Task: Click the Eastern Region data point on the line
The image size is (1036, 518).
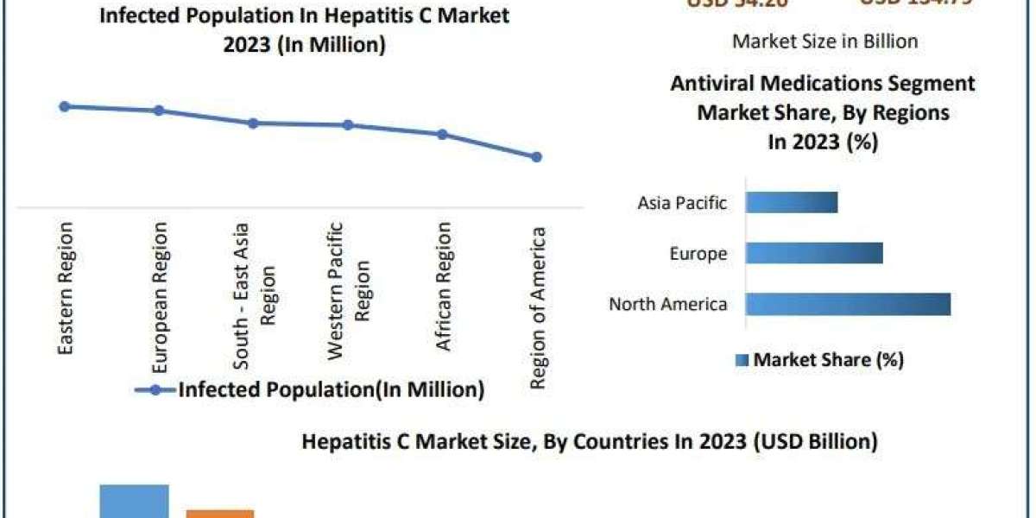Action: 64,106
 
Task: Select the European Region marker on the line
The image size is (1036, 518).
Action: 158,111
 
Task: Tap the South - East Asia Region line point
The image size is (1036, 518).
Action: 253,123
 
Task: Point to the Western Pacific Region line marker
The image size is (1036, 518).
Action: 348,125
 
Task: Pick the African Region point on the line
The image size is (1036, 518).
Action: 442,135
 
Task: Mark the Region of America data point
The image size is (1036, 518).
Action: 536,157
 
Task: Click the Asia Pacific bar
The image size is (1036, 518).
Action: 791,202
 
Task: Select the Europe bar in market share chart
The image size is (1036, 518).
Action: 813,253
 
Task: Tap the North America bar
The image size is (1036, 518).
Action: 847,304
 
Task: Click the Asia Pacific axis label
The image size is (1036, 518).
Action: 682,204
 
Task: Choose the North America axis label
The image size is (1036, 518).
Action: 667,305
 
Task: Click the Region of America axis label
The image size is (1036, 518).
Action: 537,308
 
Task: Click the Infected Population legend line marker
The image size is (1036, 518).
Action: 155,390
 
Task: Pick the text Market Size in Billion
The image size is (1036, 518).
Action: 824,41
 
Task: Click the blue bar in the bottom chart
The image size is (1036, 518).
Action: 134,502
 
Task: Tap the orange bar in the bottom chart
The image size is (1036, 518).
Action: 220,514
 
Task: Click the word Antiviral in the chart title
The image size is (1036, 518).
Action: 712,84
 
